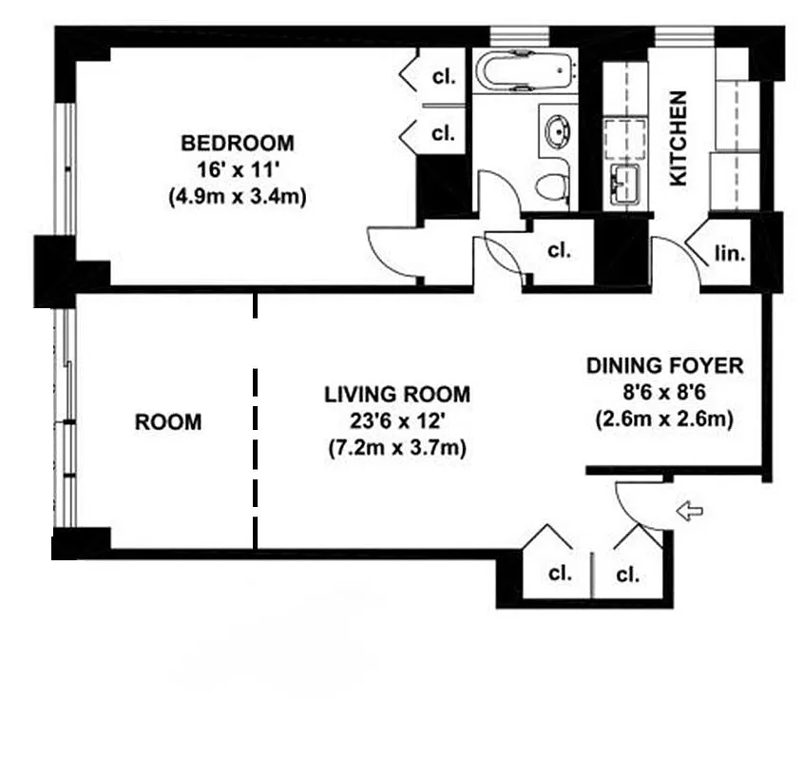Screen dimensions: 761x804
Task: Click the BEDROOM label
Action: point(238,144)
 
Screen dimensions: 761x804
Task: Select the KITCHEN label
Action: point(679,138)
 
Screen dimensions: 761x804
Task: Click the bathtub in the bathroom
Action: point(526,70)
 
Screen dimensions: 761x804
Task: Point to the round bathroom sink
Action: point(554,132)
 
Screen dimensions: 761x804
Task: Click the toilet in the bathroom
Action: point(552,185)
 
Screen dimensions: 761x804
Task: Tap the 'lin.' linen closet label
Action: point(730,254)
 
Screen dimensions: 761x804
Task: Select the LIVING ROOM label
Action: point(397,394)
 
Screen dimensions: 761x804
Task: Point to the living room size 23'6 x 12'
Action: point(397,420)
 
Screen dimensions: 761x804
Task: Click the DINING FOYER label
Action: point(664,365)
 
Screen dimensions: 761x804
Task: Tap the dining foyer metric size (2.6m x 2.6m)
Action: point(664,418)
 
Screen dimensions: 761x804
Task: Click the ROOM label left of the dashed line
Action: point(168,421)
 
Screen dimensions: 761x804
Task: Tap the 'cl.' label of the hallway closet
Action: point(560,251)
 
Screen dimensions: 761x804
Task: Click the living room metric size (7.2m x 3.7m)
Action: point(397,447)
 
